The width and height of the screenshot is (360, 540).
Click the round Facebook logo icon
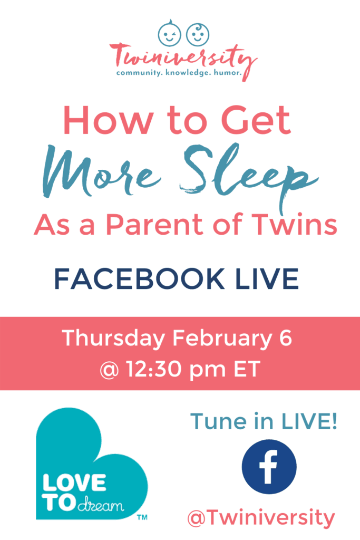click(x=269, y=467)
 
